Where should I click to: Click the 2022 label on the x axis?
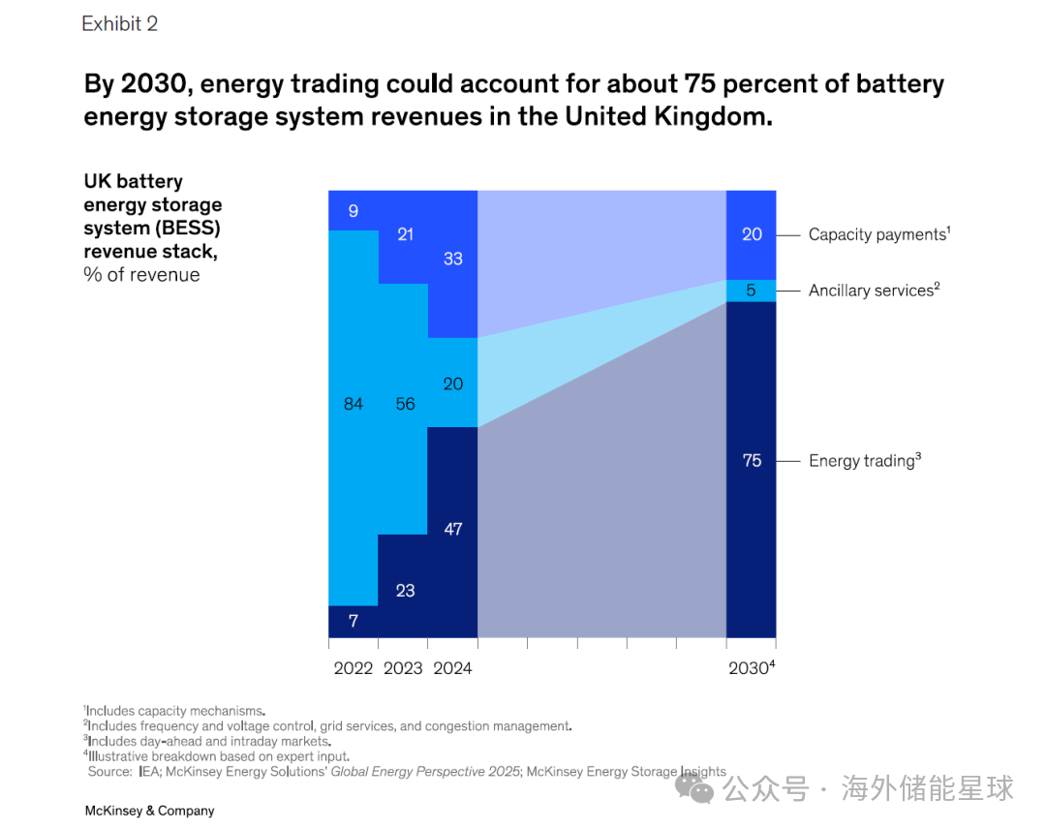[354, 668]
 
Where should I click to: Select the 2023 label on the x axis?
[403, 668]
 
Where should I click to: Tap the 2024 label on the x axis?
[452, 668]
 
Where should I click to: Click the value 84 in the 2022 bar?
[354, 404]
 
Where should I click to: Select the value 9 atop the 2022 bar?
[354, 210]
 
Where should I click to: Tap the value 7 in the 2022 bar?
[354, 621]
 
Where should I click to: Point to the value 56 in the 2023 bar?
[405, 404]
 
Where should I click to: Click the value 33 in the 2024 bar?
[452, 259]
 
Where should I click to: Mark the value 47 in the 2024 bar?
[452, 529]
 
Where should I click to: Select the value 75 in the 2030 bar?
[753, 461]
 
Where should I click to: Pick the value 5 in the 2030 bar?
[753, 291]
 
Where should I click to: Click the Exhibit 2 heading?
[120, 24]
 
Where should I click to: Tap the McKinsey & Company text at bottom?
[149, 811]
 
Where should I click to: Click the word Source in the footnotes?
[108, 772]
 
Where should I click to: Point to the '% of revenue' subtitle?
[141, 275]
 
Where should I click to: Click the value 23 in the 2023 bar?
[405, 590]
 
